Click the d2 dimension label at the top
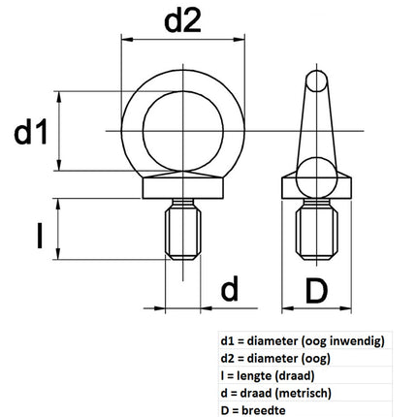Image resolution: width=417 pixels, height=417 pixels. tap(182, 20)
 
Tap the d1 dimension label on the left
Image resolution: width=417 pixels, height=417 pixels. tap(31, 132)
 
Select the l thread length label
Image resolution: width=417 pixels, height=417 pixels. tap(40, 237)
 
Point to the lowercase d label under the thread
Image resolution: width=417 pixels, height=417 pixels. tap(230, 288)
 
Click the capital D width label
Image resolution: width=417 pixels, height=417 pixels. tap(316, 292)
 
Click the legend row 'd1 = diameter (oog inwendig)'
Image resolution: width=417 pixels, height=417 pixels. tap(303, 341)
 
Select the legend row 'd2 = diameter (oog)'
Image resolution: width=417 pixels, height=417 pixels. tap(275, 359)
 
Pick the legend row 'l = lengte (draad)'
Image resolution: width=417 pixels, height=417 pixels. tap(268, 376)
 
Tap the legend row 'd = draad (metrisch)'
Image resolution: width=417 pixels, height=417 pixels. tap(275, 394)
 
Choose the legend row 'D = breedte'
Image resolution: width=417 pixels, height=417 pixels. tap(253, 410)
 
